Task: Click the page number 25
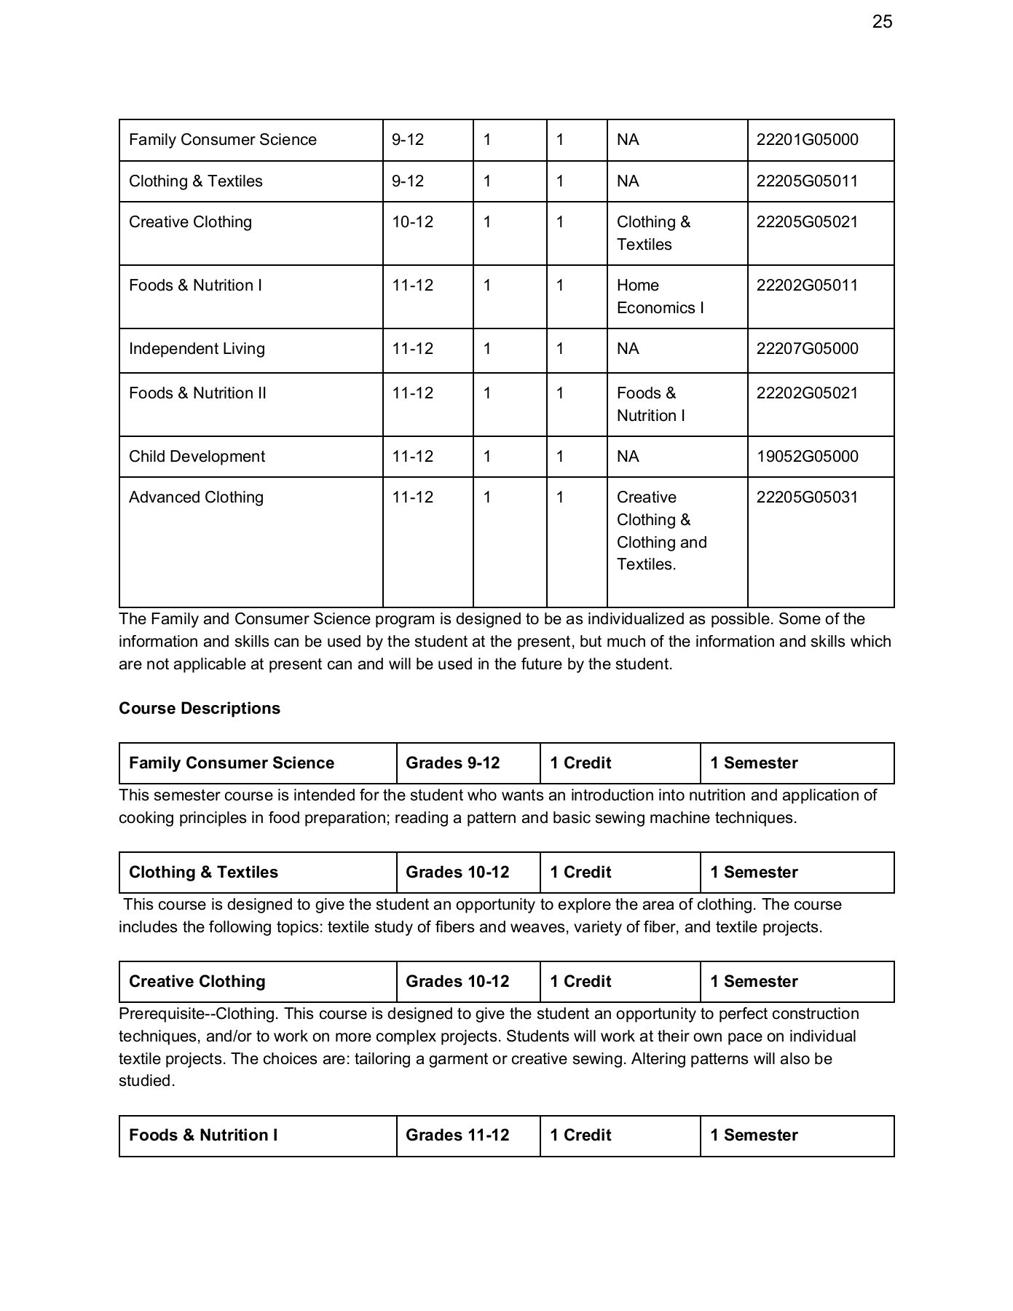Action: [881, 22]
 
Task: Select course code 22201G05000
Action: [807, 140]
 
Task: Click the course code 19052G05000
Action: [807, 457]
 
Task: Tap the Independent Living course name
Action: [197, 349]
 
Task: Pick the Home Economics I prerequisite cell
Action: [660, 296]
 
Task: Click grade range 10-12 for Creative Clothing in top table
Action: [412, 222]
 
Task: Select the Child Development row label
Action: [197, 457]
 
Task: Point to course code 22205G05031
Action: [807, 497]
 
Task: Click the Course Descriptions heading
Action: [199, 709]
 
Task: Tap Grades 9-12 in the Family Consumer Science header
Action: [452, 763]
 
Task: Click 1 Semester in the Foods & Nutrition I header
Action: [754, 1135]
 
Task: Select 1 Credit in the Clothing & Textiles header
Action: [580, 873]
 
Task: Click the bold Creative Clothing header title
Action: [197, 982]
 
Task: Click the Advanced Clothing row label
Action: [196, 497]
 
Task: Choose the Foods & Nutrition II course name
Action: [197, 393]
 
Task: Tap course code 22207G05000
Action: [807, 349]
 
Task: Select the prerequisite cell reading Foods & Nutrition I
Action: [650, 404]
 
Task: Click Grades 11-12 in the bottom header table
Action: [457, 1135]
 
